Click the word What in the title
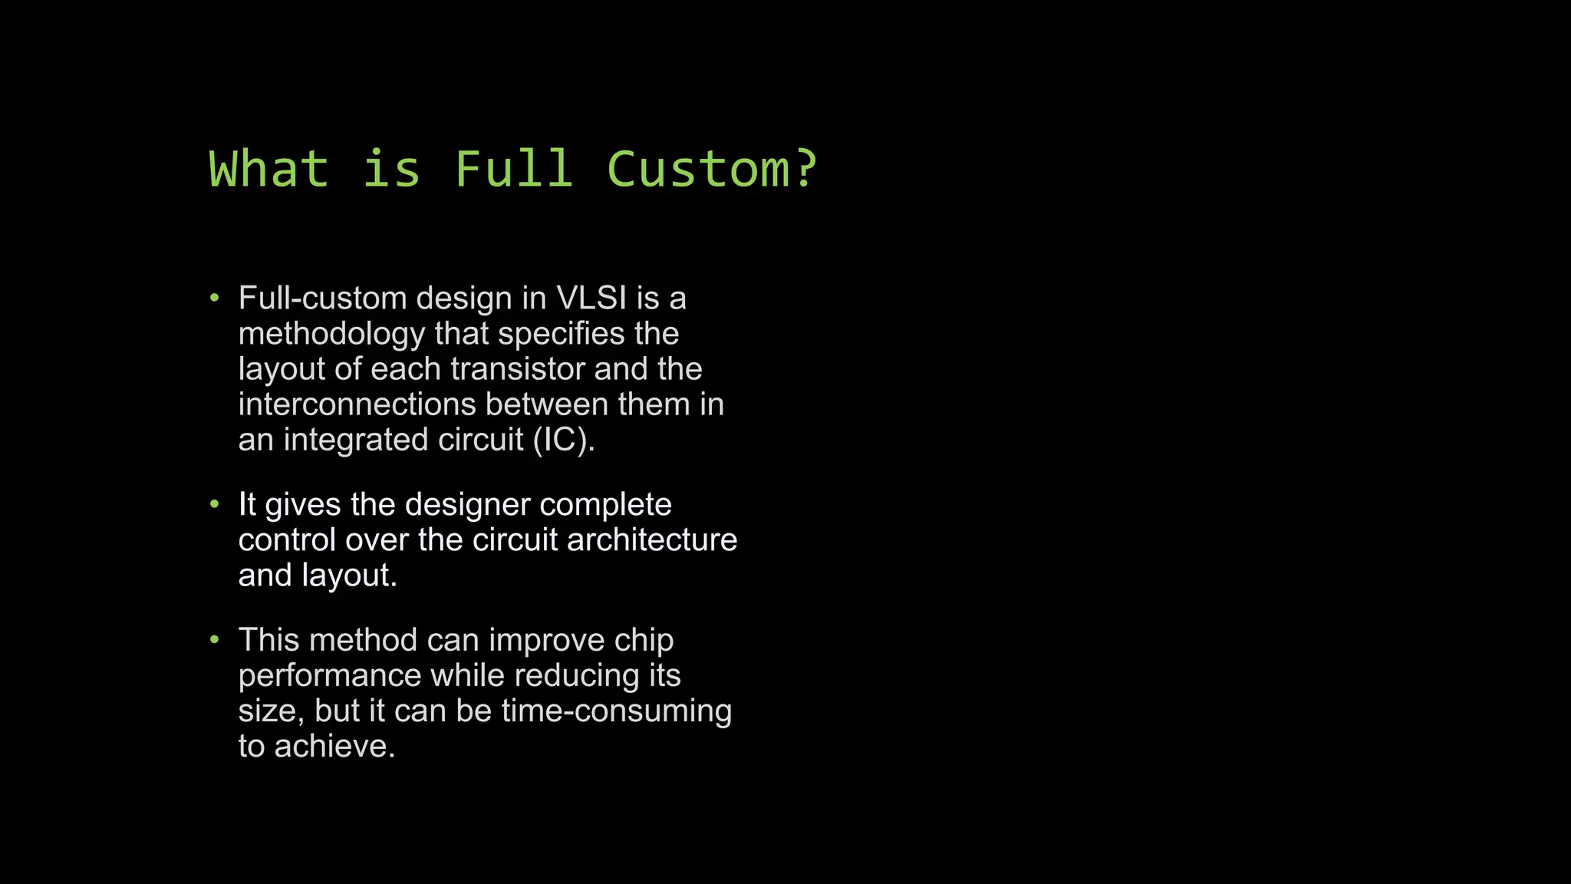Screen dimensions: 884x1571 click(x=268, y=169)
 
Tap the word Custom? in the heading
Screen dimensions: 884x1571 click(x=712, y=169)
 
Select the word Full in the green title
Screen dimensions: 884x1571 click(x=513, y=169)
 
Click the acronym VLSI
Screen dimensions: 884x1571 click(x=591, y=299)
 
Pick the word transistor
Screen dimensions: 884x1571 click(x=518, y=369)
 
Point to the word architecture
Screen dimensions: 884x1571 click(x=652, y=540)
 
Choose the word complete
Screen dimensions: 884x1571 click(x=605, y=505)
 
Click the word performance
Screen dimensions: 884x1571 click(x=330, y=676)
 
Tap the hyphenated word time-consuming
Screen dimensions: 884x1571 click(x=617, y=711)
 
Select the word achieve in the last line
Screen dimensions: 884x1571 click(x=334, y=747)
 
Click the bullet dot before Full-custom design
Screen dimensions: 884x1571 click(x=215, y=298)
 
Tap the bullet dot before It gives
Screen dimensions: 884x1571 click(x=215, y=504)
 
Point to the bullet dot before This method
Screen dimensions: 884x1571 click(x=215, y=640)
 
